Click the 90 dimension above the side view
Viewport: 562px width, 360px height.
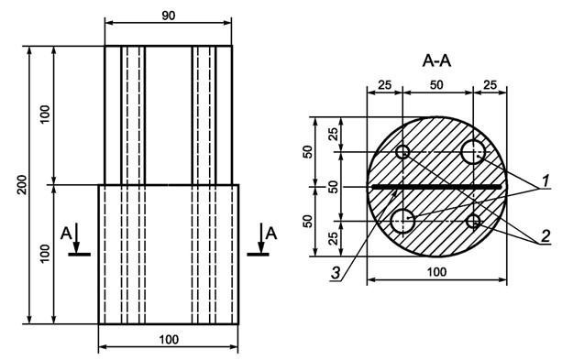coord(169,16)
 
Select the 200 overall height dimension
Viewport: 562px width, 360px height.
coord(23,185)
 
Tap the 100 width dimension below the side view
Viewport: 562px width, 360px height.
coord(169,339)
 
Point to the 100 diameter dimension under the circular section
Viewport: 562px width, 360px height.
coord(437,272)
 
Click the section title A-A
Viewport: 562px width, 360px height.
coord(436,60)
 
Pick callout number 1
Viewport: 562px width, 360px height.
coord(545,180)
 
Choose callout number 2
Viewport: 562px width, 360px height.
coord(545,236)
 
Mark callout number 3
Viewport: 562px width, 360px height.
coord(336,273)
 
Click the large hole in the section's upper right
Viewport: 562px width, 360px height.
coord(473,152)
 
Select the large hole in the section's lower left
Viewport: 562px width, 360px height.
coord(402,221)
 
